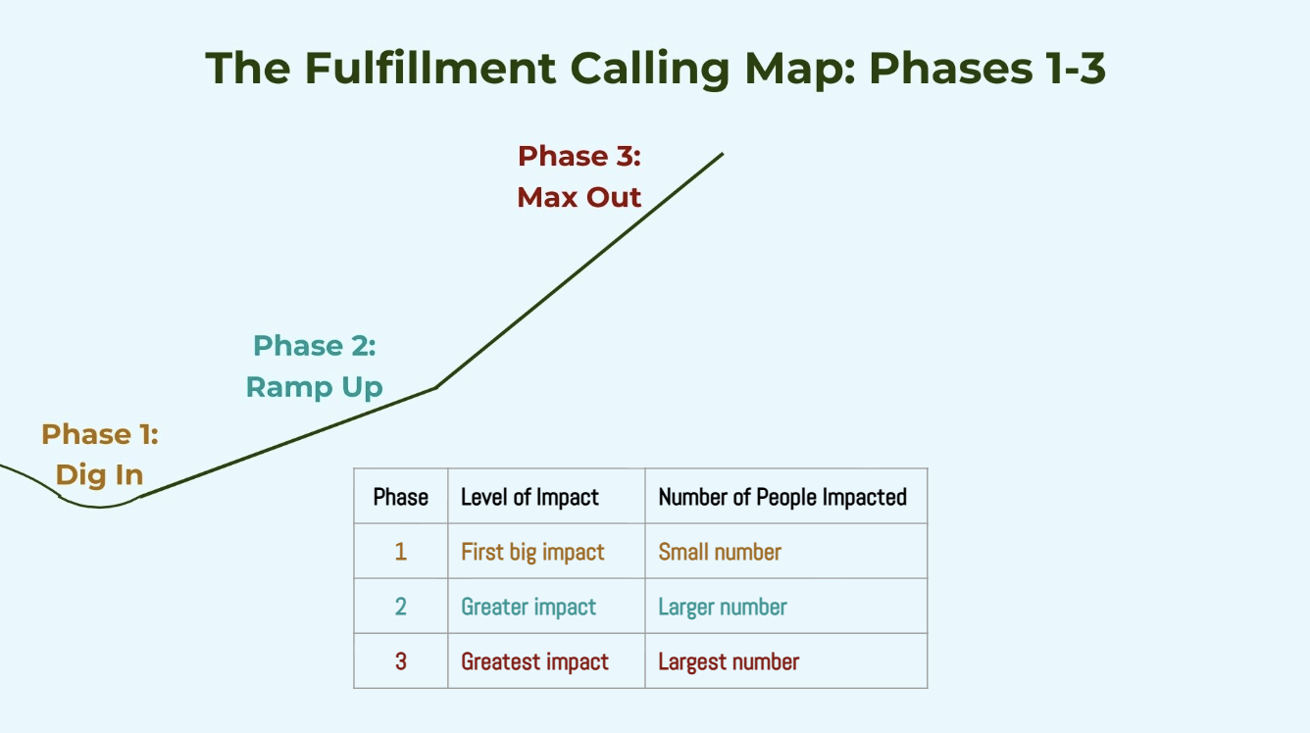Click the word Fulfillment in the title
[x=429, y=69]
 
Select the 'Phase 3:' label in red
[x=579, y=156]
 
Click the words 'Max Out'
[x=579, y=197]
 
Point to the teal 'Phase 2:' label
[x=315, y=346]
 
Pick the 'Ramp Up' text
[x=315, y=387]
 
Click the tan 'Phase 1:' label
[x=100, y=434]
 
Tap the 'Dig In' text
[x=99, y=475]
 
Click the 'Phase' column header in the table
[x=401, y=497]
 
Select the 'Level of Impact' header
[x=529, y=498]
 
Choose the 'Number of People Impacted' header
[x=782, y=498]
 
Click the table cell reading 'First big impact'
[x=532, y=553]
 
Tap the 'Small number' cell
[x=720, y=552]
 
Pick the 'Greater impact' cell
[x=529, y=608]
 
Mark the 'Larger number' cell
[x=723, y=608]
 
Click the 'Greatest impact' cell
[x=535, y=662]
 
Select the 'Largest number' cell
[x=729, y=662]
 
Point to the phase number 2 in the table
[x=401, y=607]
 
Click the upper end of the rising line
[x=723, y=154]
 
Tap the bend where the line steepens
[x=435, y=387]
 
